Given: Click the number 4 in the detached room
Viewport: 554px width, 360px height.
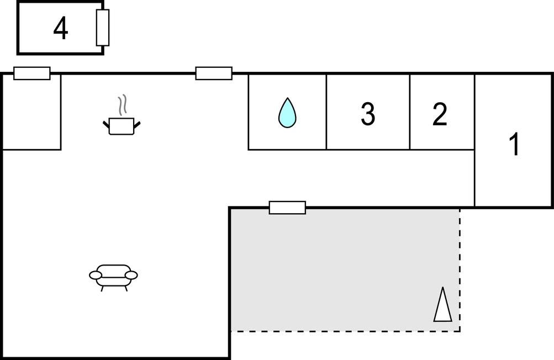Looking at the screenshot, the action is [x=60, y=29].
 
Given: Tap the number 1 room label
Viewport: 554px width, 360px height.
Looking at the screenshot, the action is [x=515, y=144].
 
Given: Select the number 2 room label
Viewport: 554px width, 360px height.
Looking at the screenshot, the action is [x=440, y=114].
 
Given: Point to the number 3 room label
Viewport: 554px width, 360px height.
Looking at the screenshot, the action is [x=368, y=114].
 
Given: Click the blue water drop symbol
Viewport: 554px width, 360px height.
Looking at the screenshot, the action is [x=287, y=113].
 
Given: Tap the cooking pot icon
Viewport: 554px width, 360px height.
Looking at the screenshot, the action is [x=122, y=126].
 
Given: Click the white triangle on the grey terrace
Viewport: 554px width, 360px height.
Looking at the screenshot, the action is [x=443, y=305].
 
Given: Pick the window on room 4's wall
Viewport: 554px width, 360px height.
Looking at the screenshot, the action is [x=103, y=28].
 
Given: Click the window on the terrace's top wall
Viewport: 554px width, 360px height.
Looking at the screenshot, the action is [x=287, y=208].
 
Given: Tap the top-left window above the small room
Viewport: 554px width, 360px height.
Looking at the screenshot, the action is [x=32, y=73].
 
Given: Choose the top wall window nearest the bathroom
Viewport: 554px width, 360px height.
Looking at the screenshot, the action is [x=214, y=73].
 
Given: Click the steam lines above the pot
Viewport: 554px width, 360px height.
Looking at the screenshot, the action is [x=122, y=105].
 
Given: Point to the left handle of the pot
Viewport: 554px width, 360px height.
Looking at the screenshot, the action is [x=106, y=125].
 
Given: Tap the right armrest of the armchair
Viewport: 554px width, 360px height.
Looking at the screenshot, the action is [x=131, y=275].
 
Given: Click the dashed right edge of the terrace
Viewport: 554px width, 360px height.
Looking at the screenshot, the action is [x=460, y=270].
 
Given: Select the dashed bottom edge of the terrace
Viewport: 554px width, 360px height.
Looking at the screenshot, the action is [x=345, y=331].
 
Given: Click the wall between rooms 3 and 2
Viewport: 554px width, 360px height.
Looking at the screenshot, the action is [x=410, y=112].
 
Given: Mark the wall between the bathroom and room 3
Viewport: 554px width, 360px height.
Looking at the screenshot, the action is [x=326, y=112].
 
